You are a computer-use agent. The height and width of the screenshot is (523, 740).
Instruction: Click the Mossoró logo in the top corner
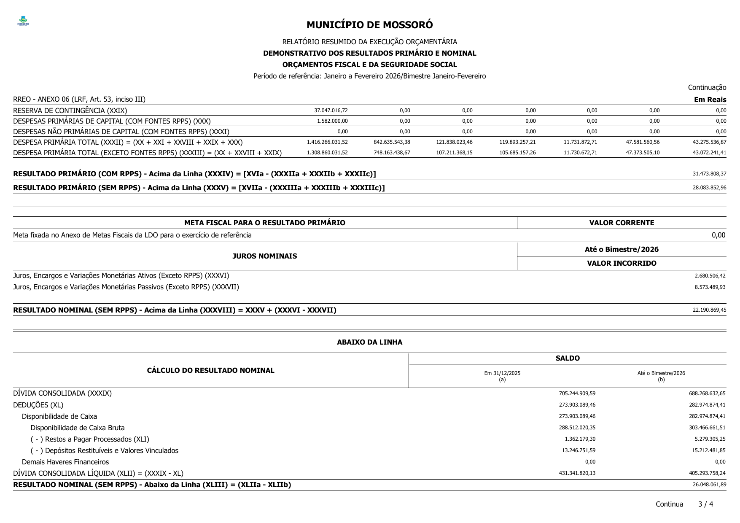[23, 21]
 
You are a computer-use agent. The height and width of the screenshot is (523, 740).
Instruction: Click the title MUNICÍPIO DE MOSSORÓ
[369, 25]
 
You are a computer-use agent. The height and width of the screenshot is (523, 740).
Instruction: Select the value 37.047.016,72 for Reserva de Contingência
[331, 111]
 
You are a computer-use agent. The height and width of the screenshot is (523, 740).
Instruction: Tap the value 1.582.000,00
[332, 121]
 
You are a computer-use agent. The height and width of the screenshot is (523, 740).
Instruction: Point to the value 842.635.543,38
[392, 142]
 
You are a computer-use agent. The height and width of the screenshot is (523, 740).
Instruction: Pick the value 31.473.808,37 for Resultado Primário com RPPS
[709, 174]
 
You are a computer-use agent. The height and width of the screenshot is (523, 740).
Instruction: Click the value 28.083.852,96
[709, 188]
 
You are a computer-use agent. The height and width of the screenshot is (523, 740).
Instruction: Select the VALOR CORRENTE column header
[622, 223]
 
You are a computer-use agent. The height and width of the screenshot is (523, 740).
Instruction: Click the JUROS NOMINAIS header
[264, 256]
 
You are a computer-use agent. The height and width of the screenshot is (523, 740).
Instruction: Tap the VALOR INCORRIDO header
[622, 263]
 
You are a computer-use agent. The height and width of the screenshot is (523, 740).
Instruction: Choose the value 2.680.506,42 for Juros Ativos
[710, 276]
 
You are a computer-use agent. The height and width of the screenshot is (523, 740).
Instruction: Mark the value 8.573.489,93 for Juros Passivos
[710, 287]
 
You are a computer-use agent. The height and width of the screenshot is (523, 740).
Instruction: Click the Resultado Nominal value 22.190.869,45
[709, 310]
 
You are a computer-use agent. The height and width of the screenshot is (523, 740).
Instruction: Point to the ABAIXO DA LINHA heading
[369, 342]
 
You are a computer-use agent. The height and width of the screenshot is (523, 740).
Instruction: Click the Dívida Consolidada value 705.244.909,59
[577, 394]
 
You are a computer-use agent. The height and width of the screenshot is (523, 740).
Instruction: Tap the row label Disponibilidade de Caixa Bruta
[78, 428]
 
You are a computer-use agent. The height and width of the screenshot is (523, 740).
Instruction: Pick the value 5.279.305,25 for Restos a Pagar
[708, 439]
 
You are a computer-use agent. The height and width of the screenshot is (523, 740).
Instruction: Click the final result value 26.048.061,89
[709, 485]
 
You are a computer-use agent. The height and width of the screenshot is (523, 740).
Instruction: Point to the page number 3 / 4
[705, 504]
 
